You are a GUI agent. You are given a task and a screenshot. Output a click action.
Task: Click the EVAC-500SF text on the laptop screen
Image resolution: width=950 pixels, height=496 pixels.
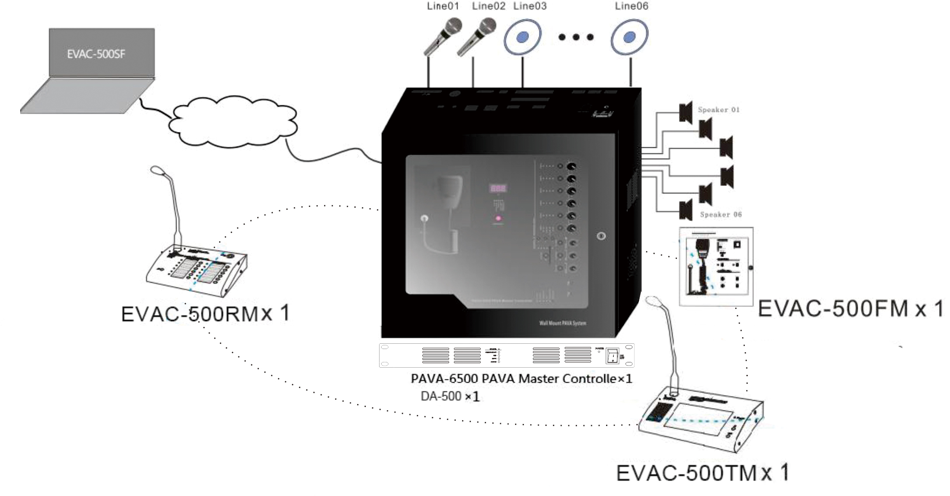pos(96,54)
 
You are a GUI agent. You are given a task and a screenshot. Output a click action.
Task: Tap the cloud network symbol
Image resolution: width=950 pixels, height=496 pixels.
pos(233,121)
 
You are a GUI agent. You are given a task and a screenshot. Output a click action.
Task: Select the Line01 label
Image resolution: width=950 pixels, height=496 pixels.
pos(443,6)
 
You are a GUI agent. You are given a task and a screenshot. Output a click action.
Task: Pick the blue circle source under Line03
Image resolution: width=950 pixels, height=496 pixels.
pos(522,37)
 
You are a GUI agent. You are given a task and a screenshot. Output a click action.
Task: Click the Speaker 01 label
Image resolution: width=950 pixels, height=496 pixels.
pos(719,110)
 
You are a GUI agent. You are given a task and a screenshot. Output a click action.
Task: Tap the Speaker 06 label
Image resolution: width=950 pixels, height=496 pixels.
pos(721,215)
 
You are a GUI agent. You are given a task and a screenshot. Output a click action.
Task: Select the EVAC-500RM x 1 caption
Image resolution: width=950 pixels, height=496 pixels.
pos(206,314)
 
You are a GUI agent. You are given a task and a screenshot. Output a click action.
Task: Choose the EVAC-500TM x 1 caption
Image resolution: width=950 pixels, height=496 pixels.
pos(702,473)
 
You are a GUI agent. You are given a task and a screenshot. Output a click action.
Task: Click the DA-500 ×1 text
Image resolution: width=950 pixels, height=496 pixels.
pos(450,396)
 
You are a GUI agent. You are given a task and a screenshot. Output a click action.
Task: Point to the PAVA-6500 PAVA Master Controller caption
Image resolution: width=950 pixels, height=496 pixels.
pos(521,379)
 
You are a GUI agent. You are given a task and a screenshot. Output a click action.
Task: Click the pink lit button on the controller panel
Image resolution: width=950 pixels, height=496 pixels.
pos(498,218)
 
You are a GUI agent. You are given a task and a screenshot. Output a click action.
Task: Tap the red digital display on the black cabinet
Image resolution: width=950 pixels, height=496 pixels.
pos(498,188)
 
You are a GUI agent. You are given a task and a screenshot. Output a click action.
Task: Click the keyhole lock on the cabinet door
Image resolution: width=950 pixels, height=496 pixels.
pos(601,236)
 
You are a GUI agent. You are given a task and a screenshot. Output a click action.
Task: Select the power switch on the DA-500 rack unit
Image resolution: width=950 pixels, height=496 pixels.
pos(613,357)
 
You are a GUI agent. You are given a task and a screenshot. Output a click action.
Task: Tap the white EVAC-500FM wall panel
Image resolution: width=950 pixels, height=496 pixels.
pos(716,266)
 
